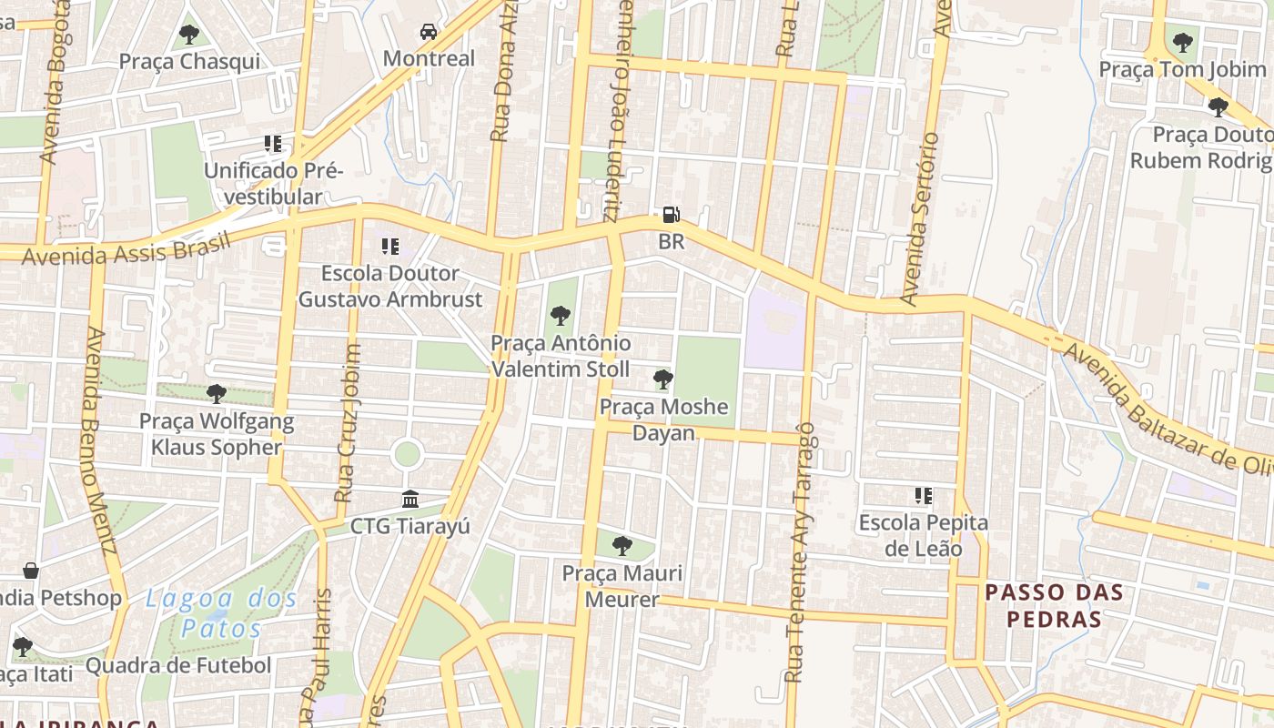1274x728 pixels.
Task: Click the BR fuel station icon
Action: click(x=671, y=216)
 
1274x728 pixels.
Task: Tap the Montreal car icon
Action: click(x=428, y=33)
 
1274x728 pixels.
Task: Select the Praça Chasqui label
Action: click(x=189, y=62)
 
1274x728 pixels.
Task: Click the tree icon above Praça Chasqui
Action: click(x=189, y=35)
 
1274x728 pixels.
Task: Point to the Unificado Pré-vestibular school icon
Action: click(x=272, y=144)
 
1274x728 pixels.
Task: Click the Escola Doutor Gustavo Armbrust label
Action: click(x=390, y=286)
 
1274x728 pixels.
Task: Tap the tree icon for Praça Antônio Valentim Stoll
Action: click(x=561, y=316)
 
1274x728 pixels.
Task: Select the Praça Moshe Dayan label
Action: click(x=663, y=420)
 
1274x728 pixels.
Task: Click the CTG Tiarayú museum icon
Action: click(x=409, y=500)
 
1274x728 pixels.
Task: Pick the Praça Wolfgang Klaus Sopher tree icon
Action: click(x=216, y=393)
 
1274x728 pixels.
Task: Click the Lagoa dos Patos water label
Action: click(x=221, y=612)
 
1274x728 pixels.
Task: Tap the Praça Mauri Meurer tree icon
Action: click(x=622, y=546)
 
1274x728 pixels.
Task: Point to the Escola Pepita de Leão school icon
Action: click(x=924, y=496)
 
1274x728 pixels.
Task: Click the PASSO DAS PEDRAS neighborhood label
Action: click(x=1055, y=606)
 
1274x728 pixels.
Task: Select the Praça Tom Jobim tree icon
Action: click(x=1182, y=42)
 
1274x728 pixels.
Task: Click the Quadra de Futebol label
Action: click(x=178, y=665)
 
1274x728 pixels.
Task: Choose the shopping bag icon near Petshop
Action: click(x=31, y=571)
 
